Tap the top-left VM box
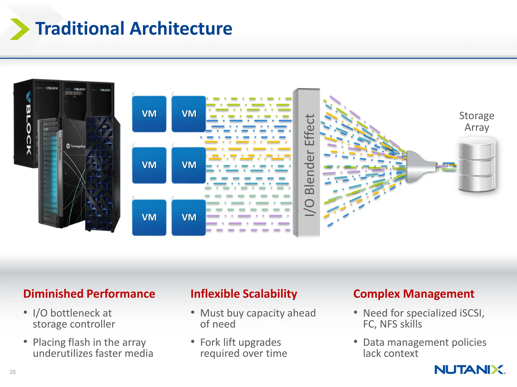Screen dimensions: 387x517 click(149, 114)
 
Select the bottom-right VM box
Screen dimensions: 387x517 click(189, 217)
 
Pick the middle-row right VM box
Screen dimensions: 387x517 click(189, 165)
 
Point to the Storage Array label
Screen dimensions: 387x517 click(476, 121)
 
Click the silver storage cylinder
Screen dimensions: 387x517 click(477, 165)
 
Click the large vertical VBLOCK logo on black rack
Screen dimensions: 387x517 click(29, 123)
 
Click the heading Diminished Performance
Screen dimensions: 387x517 click(89, 294)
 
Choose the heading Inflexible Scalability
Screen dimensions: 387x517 click(244, 294)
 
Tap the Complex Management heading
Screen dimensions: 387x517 click(413, 294)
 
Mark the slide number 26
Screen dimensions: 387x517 click(13, 372)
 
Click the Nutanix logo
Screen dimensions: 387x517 click(470, 370)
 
